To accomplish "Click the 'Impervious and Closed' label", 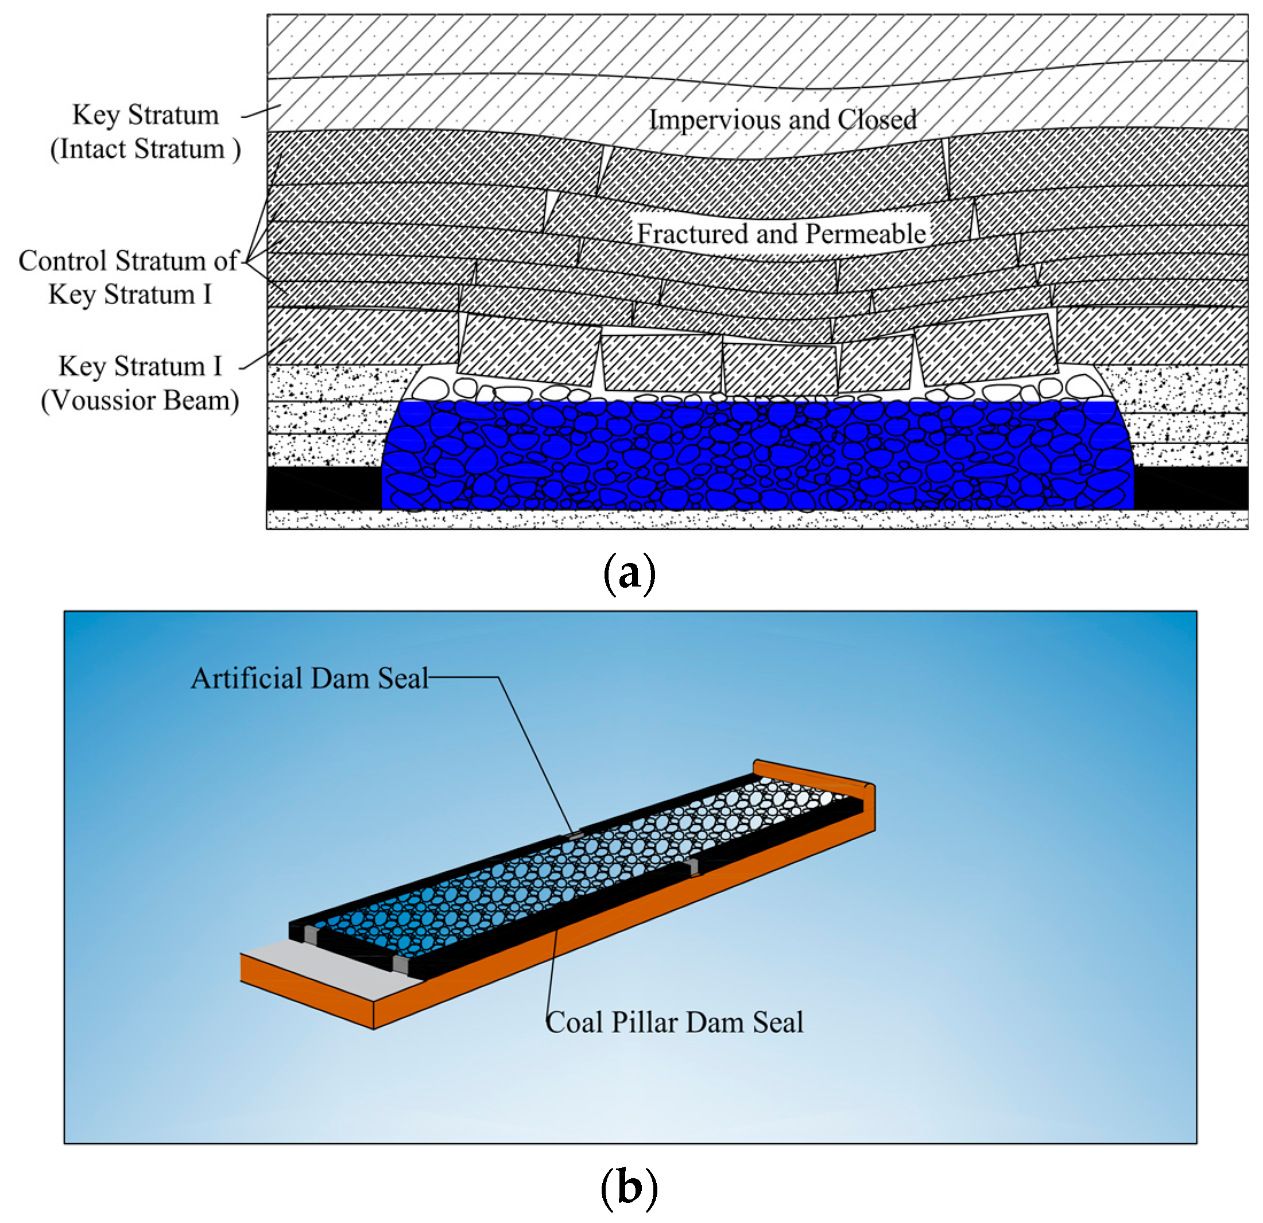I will (x=782, y=120).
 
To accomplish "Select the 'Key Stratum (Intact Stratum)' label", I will (x=146, y=132).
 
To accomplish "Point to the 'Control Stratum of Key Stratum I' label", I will (x=129, y=278).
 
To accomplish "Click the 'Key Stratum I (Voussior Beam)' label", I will (x=141, y=383).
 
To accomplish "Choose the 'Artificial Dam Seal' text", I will (x=309, y=678).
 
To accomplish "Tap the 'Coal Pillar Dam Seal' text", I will (x=675, y=1022).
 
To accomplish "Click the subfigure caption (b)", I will (x=629, y=1187).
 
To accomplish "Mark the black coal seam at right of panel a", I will (x=1191, y=487).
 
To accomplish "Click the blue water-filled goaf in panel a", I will (x=757, y=456).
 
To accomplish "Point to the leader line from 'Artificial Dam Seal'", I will (x=535, y=754).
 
